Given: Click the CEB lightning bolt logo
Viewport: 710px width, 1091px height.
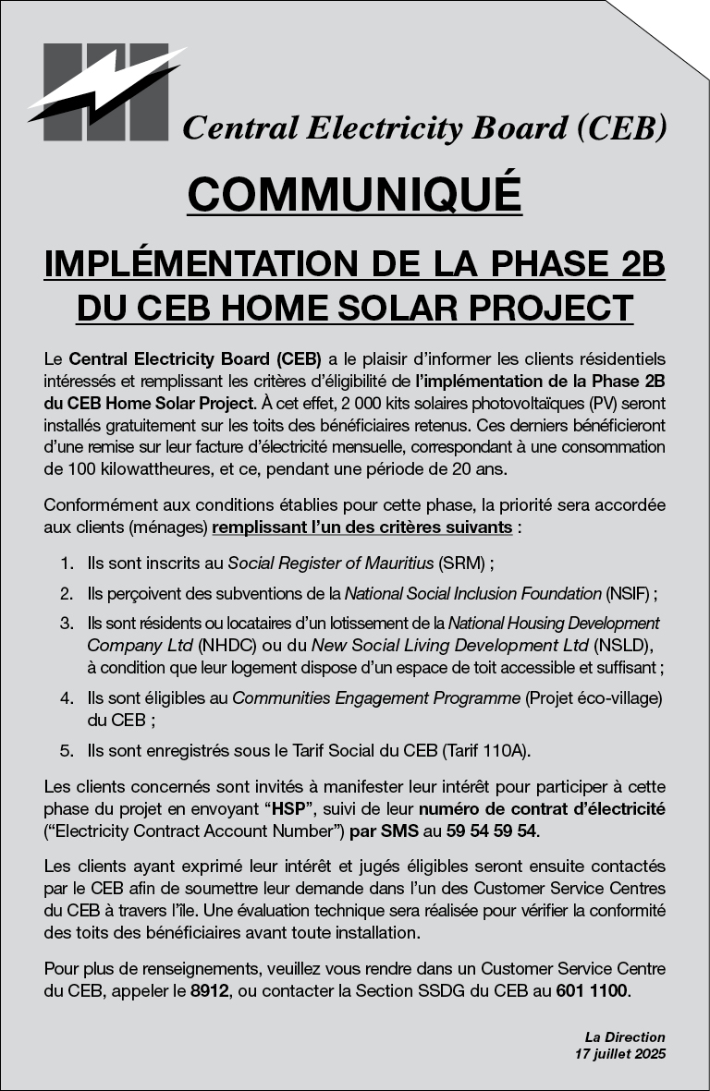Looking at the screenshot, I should point(105,91).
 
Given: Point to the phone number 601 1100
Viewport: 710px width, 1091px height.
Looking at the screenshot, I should point(593,992).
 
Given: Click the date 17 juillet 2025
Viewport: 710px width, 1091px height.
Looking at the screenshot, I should point(619,1053).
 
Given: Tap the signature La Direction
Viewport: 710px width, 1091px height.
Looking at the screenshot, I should point(624,1037).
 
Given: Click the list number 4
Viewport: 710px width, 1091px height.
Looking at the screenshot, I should point(66,697).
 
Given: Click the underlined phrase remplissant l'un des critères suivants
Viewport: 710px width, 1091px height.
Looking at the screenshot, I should point(361,527).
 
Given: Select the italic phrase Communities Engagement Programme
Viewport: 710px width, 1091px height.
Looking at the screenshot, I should point(376,697).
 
